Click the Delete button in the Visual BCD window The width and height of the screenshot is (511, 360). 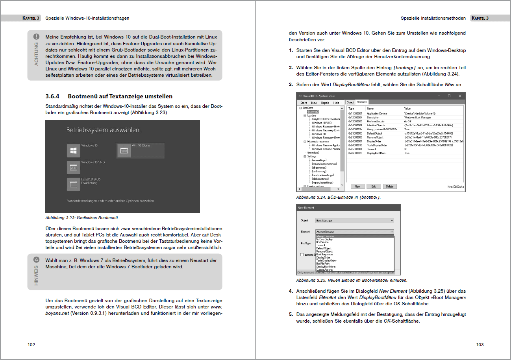(x=389, y=186)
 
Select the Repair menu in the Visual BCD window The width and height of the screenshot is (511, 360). (x=325, y=103)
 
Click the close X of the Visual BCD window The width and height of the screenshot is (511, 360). (x=459, y=96)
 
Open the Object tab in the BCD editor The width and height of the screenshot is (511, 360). (x=350, y=102)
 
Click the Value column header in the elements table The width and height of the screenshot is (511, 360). (x=407, y=108)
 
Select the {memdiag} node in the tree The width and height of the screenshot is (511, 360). (x=313, y=152)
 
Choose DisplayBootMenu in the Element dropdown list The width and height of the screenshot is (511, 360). (x=326, y=267)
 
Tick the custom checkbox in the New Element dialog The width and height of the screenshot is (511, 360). (x=302, y=255)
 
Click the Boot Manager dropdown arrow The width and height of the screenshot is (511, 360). (x=391, y=221)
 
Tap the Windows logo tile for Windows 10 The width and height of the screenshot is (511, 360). (x=73, y=150)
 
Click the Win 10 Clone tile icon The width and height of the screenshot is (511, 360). (x=124, y=150)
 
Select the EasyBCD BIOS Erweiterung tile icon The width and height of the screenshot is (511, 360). (x=73, y=184)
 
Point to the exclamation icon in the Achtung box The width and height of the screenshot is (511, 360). (x=36, y=36)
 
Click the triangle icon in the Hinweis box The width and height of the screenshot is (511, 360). (x=36, y=260)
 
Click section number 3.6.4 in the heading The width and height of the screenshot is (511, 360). (x=52, y=96)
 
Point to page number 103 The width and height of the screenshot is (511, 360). (x=480, y=345)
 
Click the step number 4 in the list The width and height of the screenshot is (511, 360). (x=291, y=292)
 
